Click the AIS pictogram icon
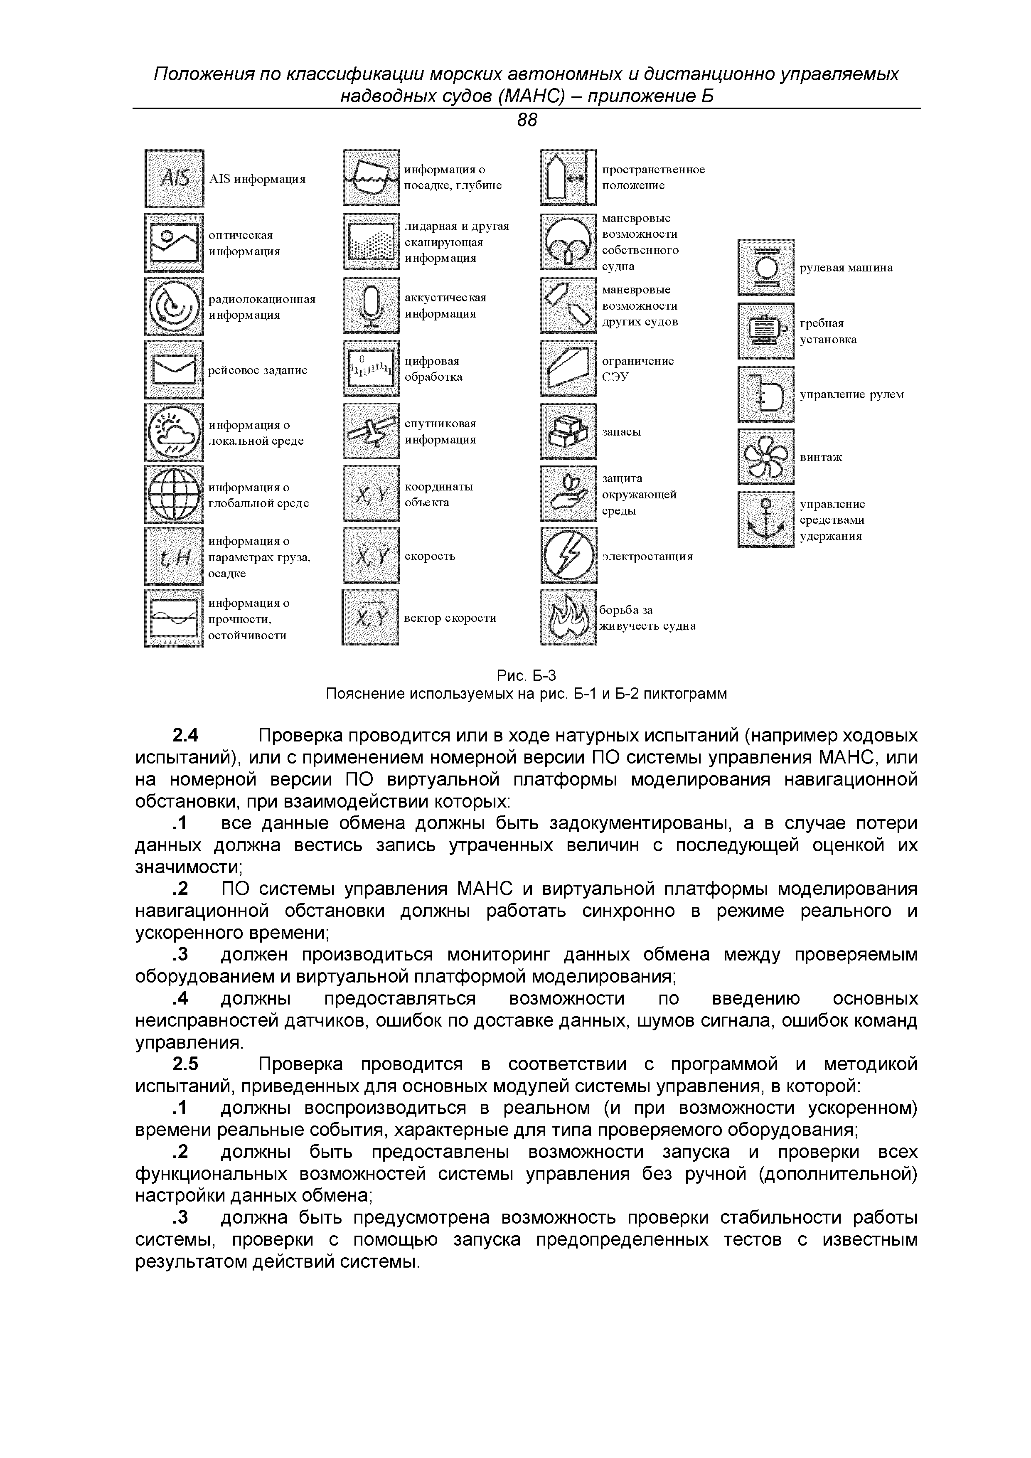tap(174, 178)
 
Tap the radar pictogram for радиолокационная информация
tap(174, 306)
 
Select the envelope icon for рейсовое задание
tap(174, 369)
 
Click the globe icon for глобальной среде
tap(174, 495)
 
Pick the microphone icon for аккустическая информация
tap(372, 305)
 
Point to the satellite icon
tap(372, 431)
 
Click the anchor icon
tap(765, 520)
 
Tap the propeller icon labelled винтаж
tap(765, 457)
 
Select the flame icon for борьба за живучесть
tap(568, 618)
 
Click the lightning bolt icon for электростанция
tap(568, 556)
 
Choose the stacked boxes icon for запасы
tap(568, 431)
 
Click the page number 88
tap(527, 120)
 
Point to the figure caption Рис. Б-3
tap(526, 675)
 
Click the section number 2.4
tap(185, 736)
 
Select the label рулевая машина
tap(846, 267)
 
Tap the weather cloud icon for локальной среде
tap(174, 432)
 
